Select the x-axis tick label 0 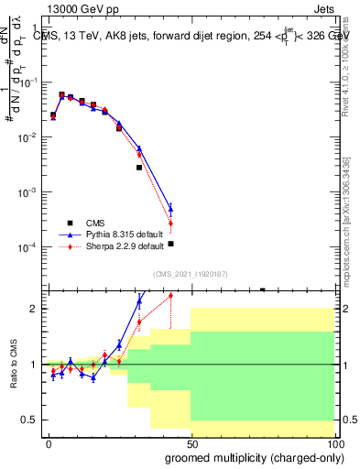click(x=49, y=442)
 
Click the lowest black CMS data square click(x=170, y=244)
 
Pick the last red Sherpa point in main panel click(x=170, y=223)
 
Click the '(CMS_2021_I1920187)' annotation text click(x=190, y=274)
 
